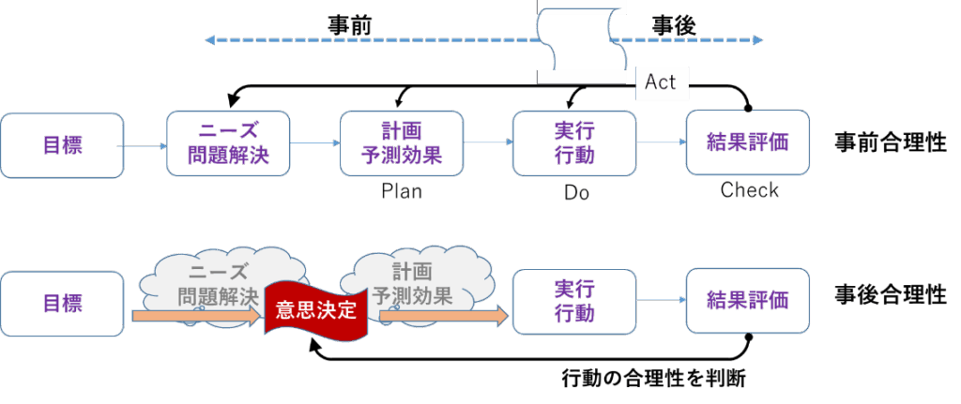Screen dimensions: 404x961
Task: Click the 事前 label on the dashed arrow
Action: (348, 25)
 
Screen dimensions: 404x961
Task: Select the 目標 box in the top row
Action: (62, 144)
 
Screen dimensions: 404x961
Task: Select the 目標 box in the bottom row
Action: (62, 302)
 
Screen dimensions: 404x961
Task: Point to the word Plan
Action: (402, 192)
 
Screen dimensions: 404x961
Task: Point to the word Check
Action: (750, 190)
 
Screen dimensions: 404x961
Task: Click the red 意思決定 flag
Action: (313, 309)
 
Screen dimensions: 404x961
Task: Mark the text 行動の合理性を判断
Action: (653, 380)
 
